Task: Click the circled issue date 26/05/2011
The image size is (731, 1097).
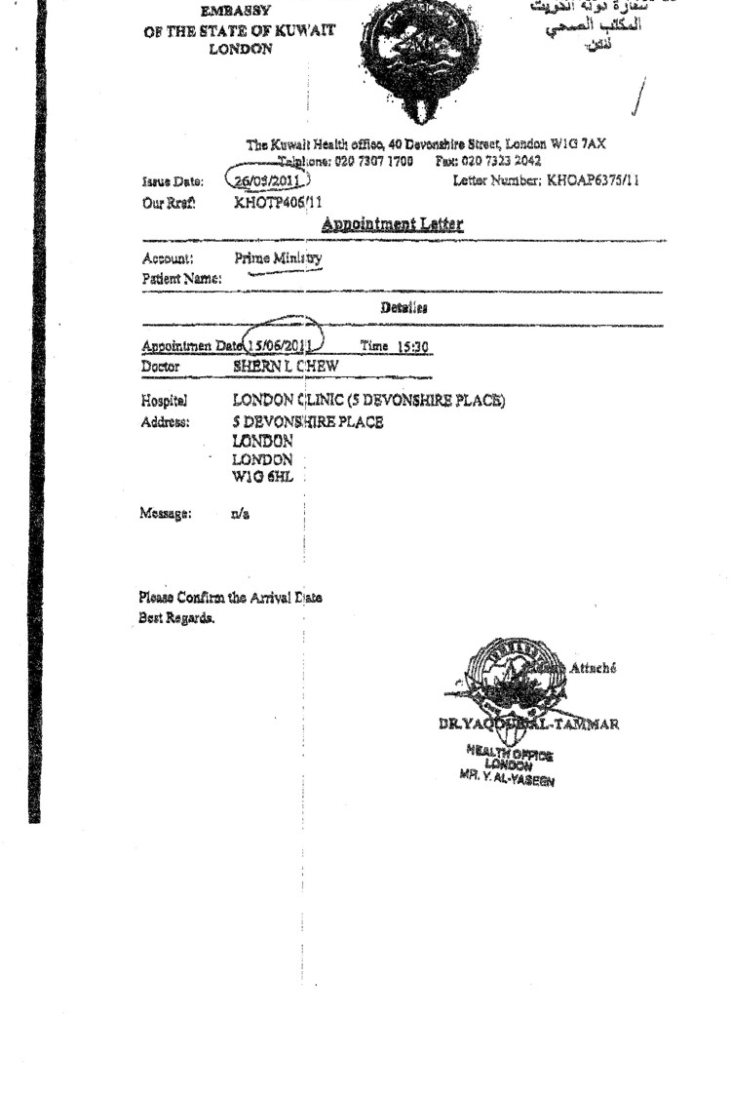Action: pyautogui.click(x=267, y=180)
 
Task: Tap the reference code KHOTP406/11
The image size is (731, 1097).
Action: pyautogui.click(x=278, y=203)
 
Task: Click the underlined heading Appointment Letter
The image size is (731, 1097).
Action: pyautogui.click(x=393, y=225)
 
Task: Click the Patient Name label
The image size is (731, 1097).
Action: pyautogui.click(x=181, y=279)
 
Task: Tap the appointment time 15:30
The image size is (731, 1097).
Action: pyautogui.click(x=408, y=346)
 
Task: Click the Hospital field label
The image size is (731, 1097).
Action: pyautogui.click(x=164, y=401)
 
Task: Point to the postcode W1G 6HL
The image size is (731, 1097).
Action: pyautogui.click(x=262, y=478)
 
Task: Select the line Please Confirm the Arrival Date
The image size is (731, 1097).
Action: pyautogui.click(x=231, y=598)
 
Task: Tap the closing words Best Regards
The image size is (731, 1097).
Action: pyautogui.click(x=176, y=618)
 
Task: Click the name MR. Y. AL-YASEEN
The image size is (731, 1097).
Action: pyautogui.click(x=505, y=777)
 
